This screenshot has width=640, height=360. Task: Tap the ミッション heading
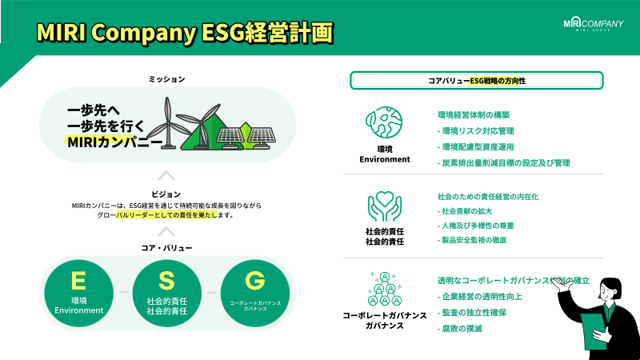click(166, 78)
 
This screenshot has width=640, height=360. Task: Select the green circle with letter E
click(78, 291)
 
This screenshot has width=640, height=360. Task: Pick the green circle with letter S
click(166, 291)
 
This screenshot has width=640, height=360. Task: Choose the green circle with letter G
click(254, 291)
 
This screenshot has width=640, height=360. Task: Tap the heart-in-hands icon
click(384, 206)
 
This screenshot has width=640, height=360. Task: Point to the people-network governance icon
click(384, 289)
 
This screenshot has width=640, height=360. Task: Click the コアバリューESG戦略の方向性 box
click(476, 81)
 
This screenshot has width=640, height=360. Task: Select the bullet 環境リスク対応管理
click(478, 130)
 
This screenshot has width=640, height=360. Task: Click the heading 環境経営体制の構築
click(474, 115)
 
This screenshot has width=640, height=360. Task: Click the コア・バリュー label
click(166, 248)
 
